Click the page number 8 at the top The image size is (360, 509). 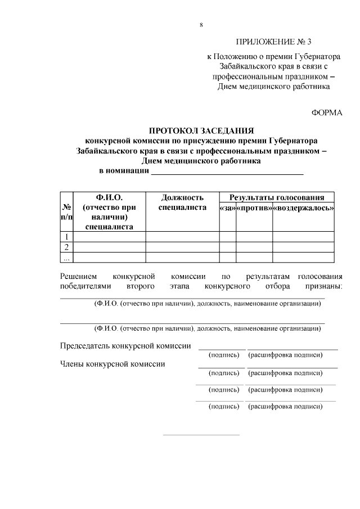[201, 25]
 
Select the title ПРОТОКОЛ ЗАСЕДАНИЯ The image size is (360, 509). [201, 130]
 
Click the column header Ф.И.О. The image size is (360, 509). [109, 197]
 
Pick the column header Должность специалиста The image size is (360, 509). [182, 202]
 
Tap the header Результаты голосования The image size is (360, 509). [276, 197]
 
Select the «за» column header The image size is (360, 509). [227, 208]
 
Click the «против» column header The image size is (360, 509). [254, 208]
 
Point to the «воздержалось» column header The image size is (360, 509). [304, 208]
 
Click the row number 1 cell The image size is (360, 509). [67, 236]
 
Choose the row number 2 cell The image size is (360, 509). [67, 247]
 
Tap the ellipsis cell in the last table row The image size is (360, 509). [67, 258]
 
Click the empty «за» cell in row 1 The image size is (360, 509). [227, 236]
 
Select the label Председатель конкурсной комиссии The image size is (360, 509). [125, 345]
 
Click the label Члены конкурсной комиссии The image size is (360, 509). [112, 364]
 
